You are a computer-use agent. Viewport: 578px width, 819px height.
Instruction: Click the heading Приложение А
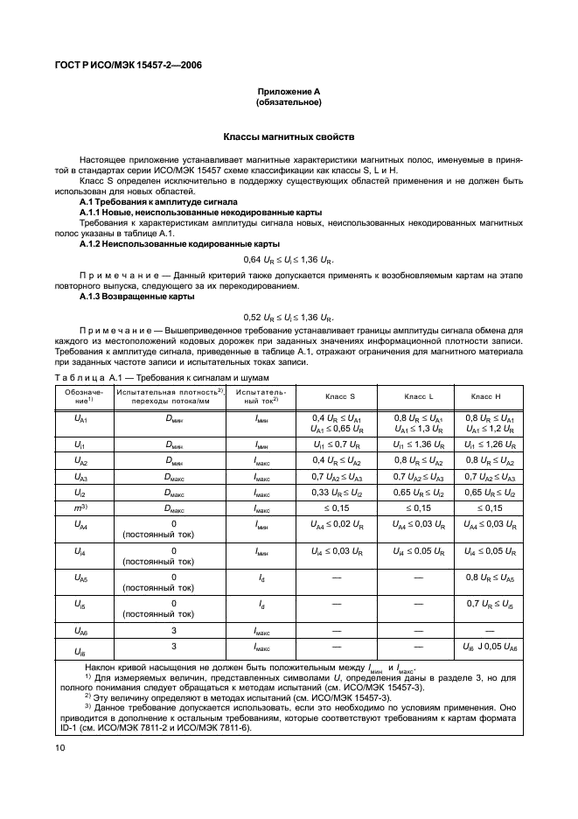[x=289, y=92]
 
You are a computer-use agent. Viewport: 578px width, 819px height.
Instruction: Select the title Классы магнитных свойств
[x=289, y=137]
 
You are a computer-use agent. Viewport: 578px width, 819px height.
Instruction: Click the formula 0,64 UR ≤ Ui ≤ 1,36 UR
[x=289, y=261]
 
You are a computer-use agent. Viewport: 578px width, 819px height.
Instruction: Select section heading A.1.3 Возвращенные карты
[x=136, y=297]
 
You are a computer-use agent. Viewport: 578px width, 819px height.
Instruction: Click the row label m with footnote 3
[x=80, y=508]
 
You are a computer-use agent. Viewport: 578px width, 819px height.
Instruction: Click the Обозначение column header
[x=80, y=396]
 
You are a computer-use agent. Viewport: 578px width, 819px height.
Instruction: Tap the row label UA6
[x=80, y=629]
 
